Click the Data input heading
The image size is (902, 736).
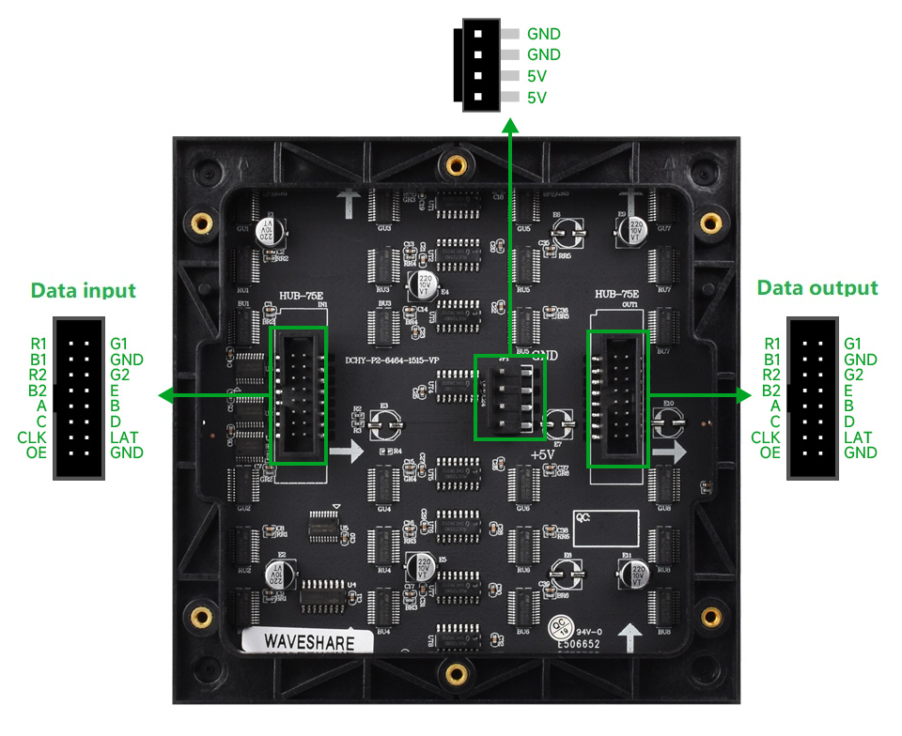(84, 290)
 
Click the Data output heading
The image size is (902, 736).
(817, 288)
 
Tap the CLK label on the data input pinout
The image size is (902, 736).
(32, 437)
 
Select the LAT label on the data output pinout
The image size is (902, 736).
(858, 437)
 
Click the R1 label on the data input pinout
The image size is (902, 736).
(38, 345)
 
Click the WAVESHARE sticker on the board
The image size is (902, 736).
(309, 642)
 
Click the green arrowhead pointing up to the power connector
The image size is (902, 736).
(511, 126)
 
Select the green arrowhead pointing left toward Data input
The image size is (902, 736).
(166, 396)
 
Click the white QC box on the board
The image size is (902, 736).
(605, 529)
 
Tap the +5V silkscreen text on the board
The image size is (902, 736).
(544, 455)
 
